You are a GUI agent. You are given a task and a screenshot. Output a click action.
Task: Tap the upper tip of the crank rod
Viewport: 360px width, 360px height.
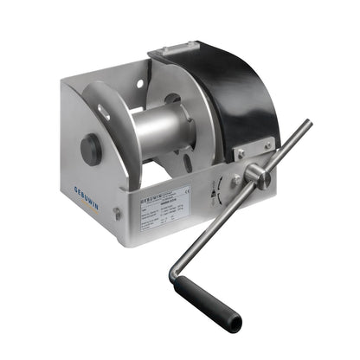tap(306, 125)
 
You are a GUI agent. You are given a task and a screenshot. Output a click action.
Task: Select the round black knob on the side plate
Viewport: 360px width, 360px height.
tap(91, 149)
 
